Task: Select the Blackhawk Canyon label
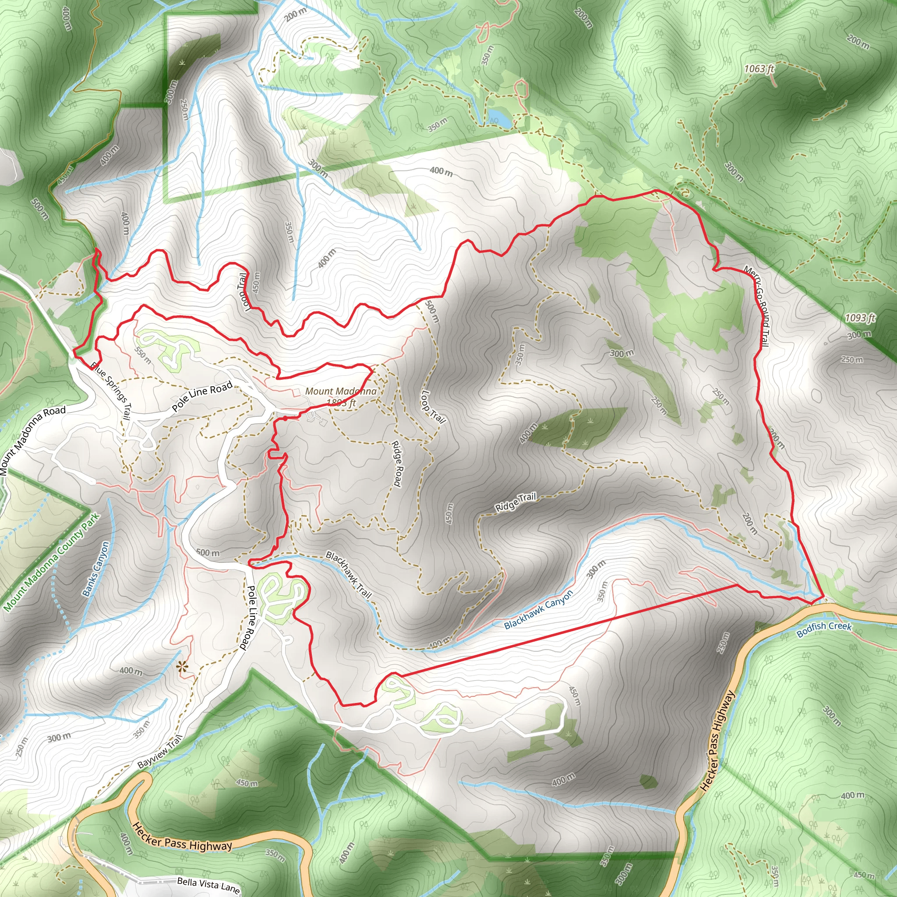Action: tap(539, 609)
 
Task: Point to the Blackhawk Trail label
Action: tap(349, 574)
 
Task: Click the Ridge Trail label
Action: tap(516, 502)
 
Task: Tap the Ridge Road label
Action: tap(396, 463)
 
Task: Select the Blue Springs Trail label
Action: tap(111, 392)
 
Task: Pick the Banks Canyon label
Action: tap(95, 569)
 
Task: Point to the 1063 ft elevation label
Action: tap(759, 69)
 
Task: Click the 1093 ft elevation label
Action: tap(860, 318)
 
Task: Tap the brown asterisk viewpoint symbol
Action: tap(183, 667)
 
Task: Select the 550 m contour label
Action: tap(142, 355)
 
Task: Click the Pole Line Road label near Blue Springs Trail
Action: tap(202, 396)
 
